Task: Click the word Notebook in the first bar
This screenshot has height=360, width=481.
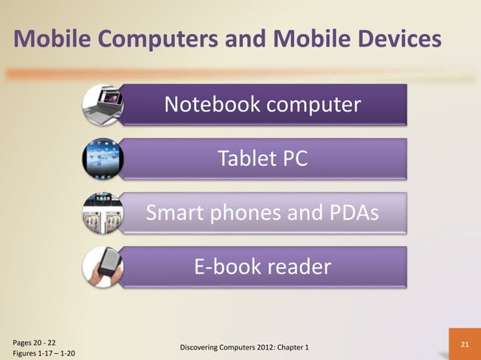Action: click(205, 105)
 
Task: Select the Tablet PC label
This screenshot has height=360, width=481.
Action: click(262, 160)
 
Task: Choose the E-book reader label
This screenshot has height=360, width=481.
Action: click(262, 267)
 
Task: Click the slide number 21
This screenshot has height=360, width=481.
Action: click(464, 344)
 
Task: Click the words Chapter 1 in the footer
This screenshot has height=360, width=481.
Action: click(302, 346)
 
